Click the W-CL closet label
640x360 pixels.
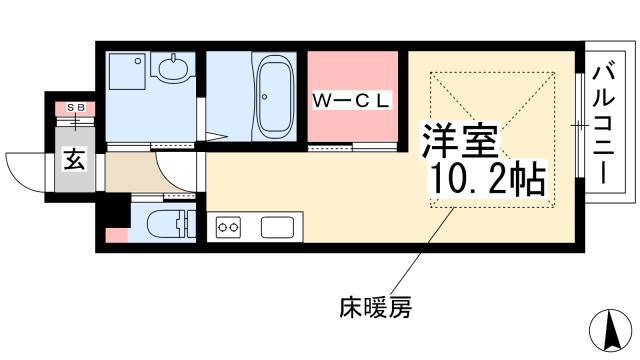(x=351, y=101)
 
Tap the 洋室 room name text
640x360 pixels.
(x=460, y=141)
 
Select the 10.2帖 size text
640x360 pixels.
(x=488, y=179)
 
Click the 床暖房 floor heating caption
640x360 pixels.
(x=375, y=307)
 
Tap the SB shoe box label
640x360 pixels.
(x=76, y=107)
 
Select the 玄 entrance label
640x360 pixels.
(x=75, y=159)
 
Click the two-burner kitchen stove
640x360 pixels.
(x=228, y=227)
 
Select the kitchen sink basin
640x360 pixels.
(x=278, y=227)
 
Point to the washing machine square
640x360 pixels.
(x=125, y=70)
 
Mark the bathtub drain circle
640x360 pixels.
(x=264, y=97)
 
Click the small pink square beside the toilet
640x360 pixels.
(x=117, y=236)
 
